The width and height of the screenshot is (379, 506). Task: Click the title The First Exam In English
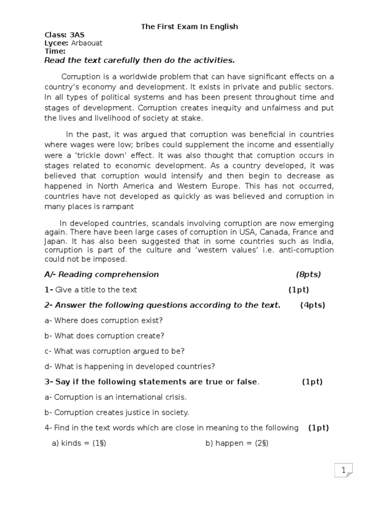pos(189,27)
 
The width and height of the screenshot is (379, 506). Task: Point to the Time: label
pos(55,51)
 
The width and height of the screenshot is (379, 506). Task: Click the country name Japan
pos(55,241)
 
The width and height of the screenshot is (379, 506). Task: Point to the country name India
pos(323,241)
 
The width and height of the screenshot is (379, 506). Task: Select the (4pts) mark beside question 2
pos(312,305)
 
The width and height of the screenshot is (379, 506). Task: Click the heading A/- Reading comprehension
pos(102,274)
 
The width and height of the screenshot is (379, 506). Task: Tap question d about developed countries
pos(130,366)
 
